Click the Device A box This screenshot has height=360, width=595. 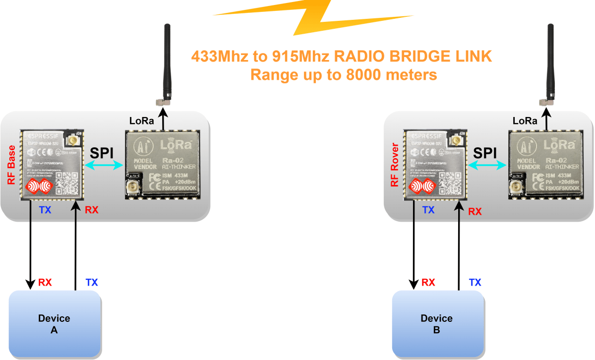55,324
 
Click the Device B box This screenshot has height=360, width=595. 437,324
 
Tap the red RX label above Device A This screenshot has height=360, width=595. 45,283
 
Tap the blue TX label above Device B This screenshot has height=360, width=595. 475,283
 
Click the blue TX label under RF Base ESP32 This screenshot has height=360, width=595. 45,210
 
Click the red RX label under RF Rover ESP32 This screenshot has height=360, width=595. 475,211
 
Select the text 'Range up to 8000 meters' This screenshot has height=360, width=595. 343,75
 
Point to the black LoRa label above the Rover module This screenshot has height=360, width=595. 525,120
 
